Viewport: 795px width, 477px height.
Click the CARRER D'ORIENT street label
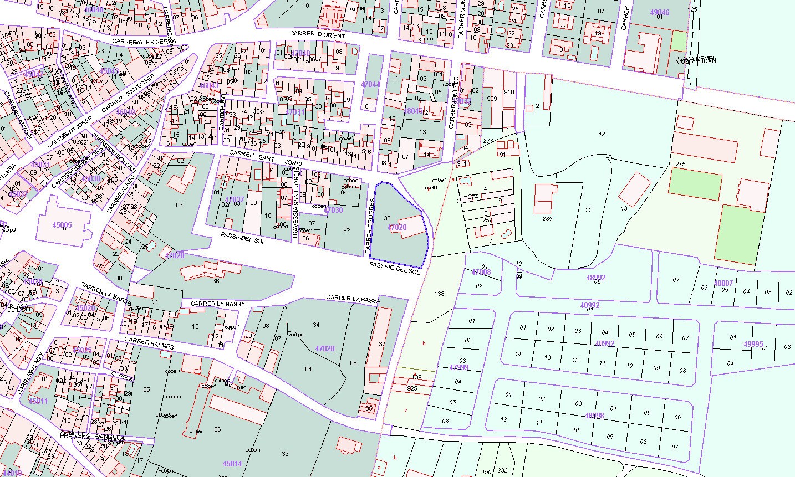point(317,35)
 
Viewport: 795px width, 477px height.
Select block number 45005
point(62,225)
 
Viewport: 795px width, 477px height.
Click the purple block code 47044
point(370,84)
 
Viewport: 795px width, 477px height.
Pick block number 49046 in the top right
point(659,12)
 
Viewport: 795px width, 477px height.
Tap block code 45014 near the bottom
point(232,464)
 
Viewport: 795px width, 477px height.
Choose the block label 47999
point(459,367)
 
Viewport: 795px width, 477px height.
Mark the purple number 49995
point(753,343)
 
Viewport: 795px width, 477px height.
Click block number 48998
point(594,416)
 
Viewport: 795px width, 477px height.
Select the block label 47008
point(481,272)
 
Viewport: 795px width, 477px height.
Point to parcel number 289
point(547,219)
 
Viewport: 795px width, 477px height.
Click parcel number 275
point(681,164)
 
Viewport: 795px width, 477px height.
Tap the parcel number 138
point(440,294)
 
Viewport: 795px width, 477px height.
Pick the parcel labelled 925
point(412,389)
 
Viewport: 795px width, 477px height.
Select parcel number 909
point(492,99)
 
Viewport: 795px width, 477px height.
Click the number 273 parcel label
point(488,141)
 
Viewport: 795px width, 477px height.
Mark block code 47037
point(235,199)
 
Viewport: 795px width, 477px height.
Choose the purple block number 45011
point(38,401)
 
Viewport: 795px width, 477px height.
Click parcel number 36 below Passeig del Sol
point(216,281)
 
